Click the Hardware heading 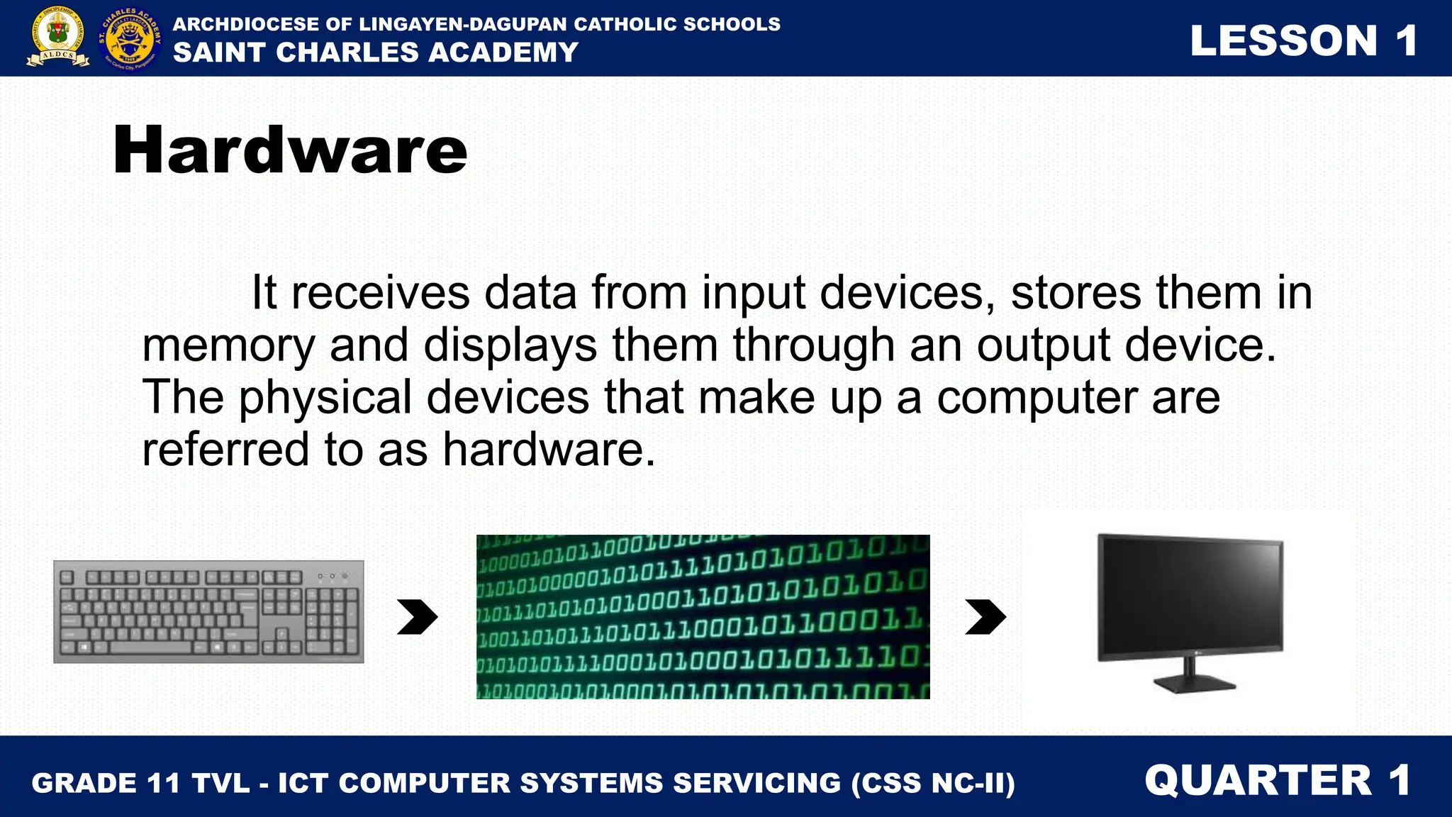pyautogui.click(x=290, y=150)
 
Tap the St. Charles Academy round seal pyautogui.click(x=130, y=39)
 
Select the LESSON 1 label pyautogui.click(x=1303, y=40)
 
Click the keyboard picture pyautogui.click(x=208, y=612)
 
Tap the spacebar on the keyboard pyautogui.click(x=150, y=648)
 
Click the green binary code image pyautogui.click(x=703, y=616)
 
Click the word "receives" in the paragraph pyautogui.click(x=380, y=293)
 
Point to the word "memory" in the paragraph pyautogui.click(x=228, y=345)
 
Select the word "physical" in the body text pyautogui.click(x=325, y=397)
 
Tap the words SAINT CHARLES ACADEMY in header pyautogui.click(x=376, y=52)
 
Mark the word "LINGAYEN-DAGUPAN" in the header pyautogui.click(x=464, y=24)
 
